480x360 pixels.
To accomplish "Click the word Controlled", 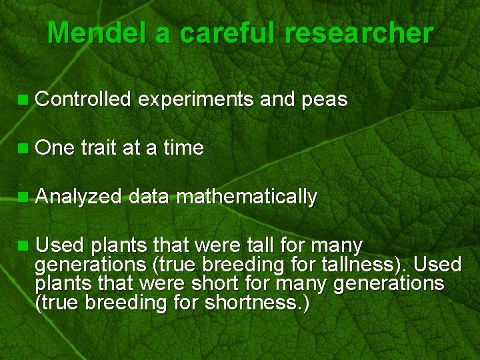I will coord(83,100).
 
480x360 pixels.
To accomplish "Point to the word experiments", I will coord(196,101).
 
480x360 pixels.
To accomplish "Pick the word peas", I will coord(324,101).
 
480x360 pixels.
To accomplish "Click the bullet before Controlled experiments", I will coord(24,101).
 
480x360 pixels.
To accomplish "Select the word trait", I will coord(99,148).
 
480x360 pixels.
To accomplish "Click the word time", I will coord(182,148).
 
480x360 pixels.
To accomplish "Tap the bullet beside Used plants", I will coord(24,246).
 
